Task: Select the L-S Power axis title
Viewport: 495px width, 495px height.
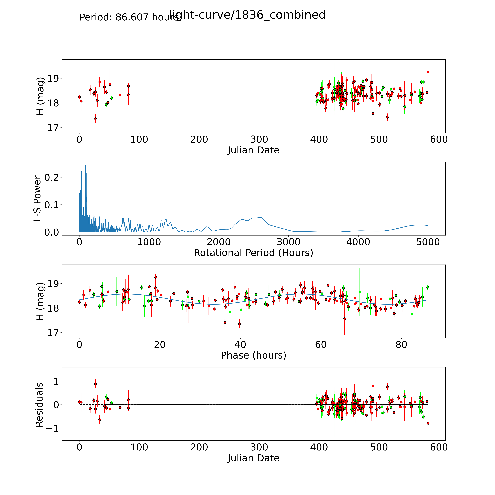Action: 37,199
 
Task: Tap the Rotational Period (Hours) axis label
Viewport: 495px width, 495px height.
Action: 253,253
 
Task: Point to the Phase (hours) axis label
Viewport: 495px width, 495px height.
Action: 253,355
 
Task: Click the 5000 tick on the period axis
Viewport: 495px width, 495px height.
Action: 428,242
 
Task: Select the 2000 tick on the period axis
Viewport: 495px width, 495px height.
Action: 219,242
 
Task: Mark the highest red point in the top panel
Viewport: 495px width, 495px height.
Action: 428,72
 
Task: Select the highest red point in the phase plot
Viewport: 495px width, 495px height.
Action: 156,277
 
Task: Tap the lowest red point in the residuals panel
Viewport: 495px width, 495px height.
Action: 428,423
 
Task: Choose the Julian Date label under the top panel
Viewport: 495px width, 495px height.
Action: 253,150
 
